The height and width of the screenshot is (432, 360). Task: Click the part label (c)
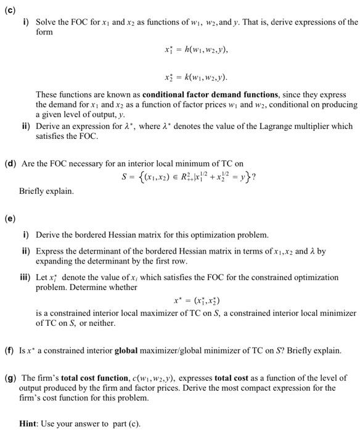click(11, 7)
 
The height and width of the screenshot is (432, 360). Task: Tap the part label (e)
click(11, 218)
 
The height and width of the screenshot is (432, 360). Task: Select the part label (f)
click(11, 351)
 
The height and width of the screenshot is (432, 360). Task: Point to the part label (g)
click(11, 378)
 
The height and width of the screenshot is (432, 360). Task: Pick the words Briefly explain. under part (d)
click(46, 191)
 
